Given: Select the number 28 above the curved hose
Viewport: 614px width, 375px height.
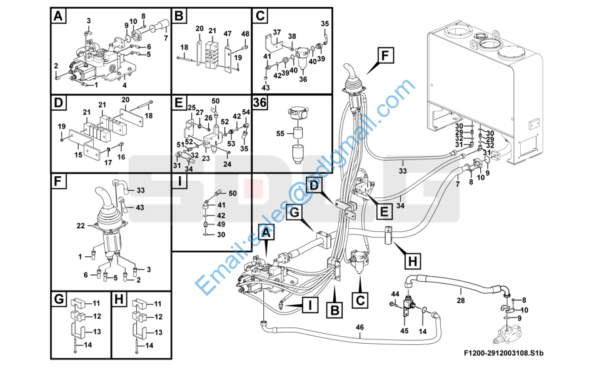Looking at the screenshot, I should tap(461, 301).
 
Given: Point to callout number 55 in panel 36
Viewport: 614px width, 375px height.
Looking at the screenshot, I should tap(280, 134).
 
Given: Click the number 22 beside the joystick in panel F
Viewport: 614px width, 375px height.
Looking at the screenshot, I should tap(81, 226).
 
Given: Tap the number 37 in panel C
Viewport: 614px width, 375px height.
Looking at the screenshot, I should tap(277, 32).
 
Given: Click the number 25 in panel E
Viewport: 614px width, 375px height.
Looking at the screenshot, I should tap(192, 107).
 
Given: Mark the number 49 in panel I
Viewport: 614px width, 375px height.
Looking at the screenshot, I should tap(221, 224).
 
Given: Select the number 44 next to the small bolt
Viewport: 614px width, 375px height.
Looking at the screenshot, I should tap(395, 294).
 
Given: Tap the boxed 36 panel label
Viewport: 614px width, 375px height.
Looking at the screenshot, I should tap(261, 103).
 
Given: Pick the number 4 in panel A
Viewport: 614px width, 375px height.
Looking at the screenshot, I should tap(125, 85).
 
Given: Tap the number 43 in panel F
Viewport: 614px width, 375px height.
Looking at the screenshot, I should tap(140, 207).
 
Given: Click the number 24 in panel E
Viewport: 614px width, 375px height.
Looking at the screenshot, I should tap(228, 164).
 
